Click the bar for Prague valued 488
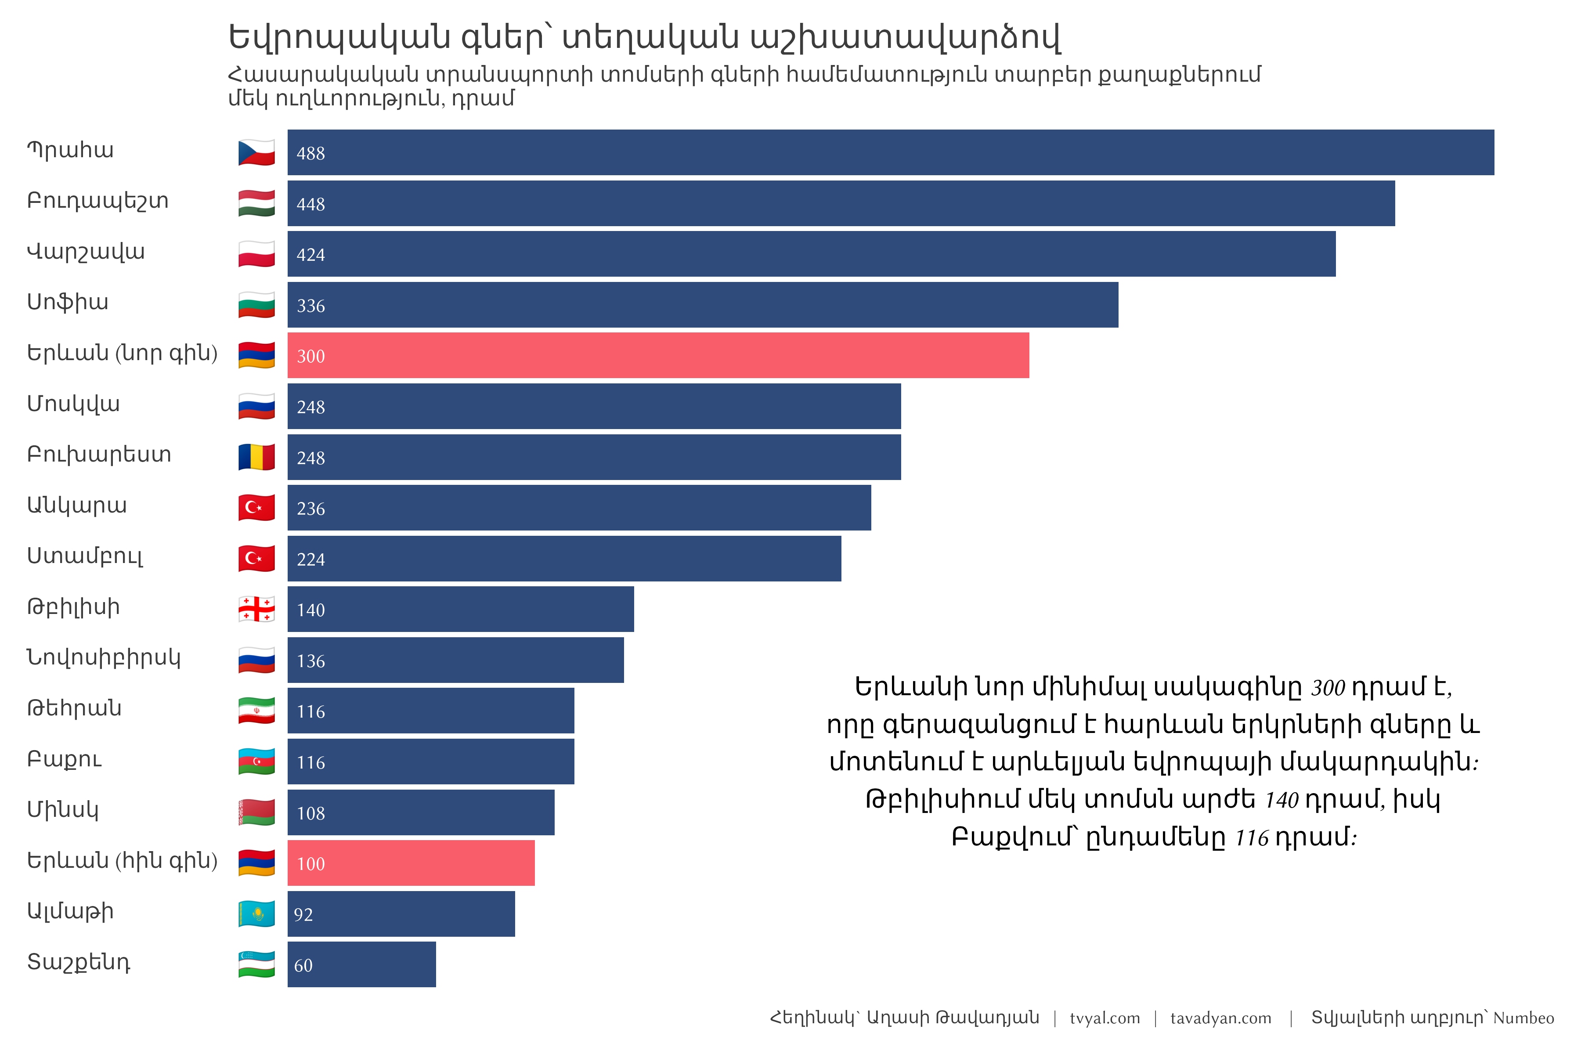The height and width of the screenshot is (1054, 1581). point(890,152)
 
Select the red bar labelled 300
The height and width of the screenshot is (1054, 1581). point(657,356)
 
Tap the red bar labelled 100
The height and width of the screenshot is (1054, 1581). point(411,863)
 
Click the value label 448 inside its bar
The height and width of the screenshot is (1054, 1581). point(310,204)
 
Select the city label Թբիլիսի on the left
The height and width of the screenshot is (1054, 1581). point(73,607)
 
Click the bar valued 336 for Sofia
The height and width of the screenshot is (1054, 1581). point(702,305)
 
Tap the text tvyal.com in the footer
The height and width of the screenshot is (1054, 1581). point(1105,1018)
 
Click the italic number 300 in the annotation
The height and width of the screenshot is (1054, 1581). point(1328,688)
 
